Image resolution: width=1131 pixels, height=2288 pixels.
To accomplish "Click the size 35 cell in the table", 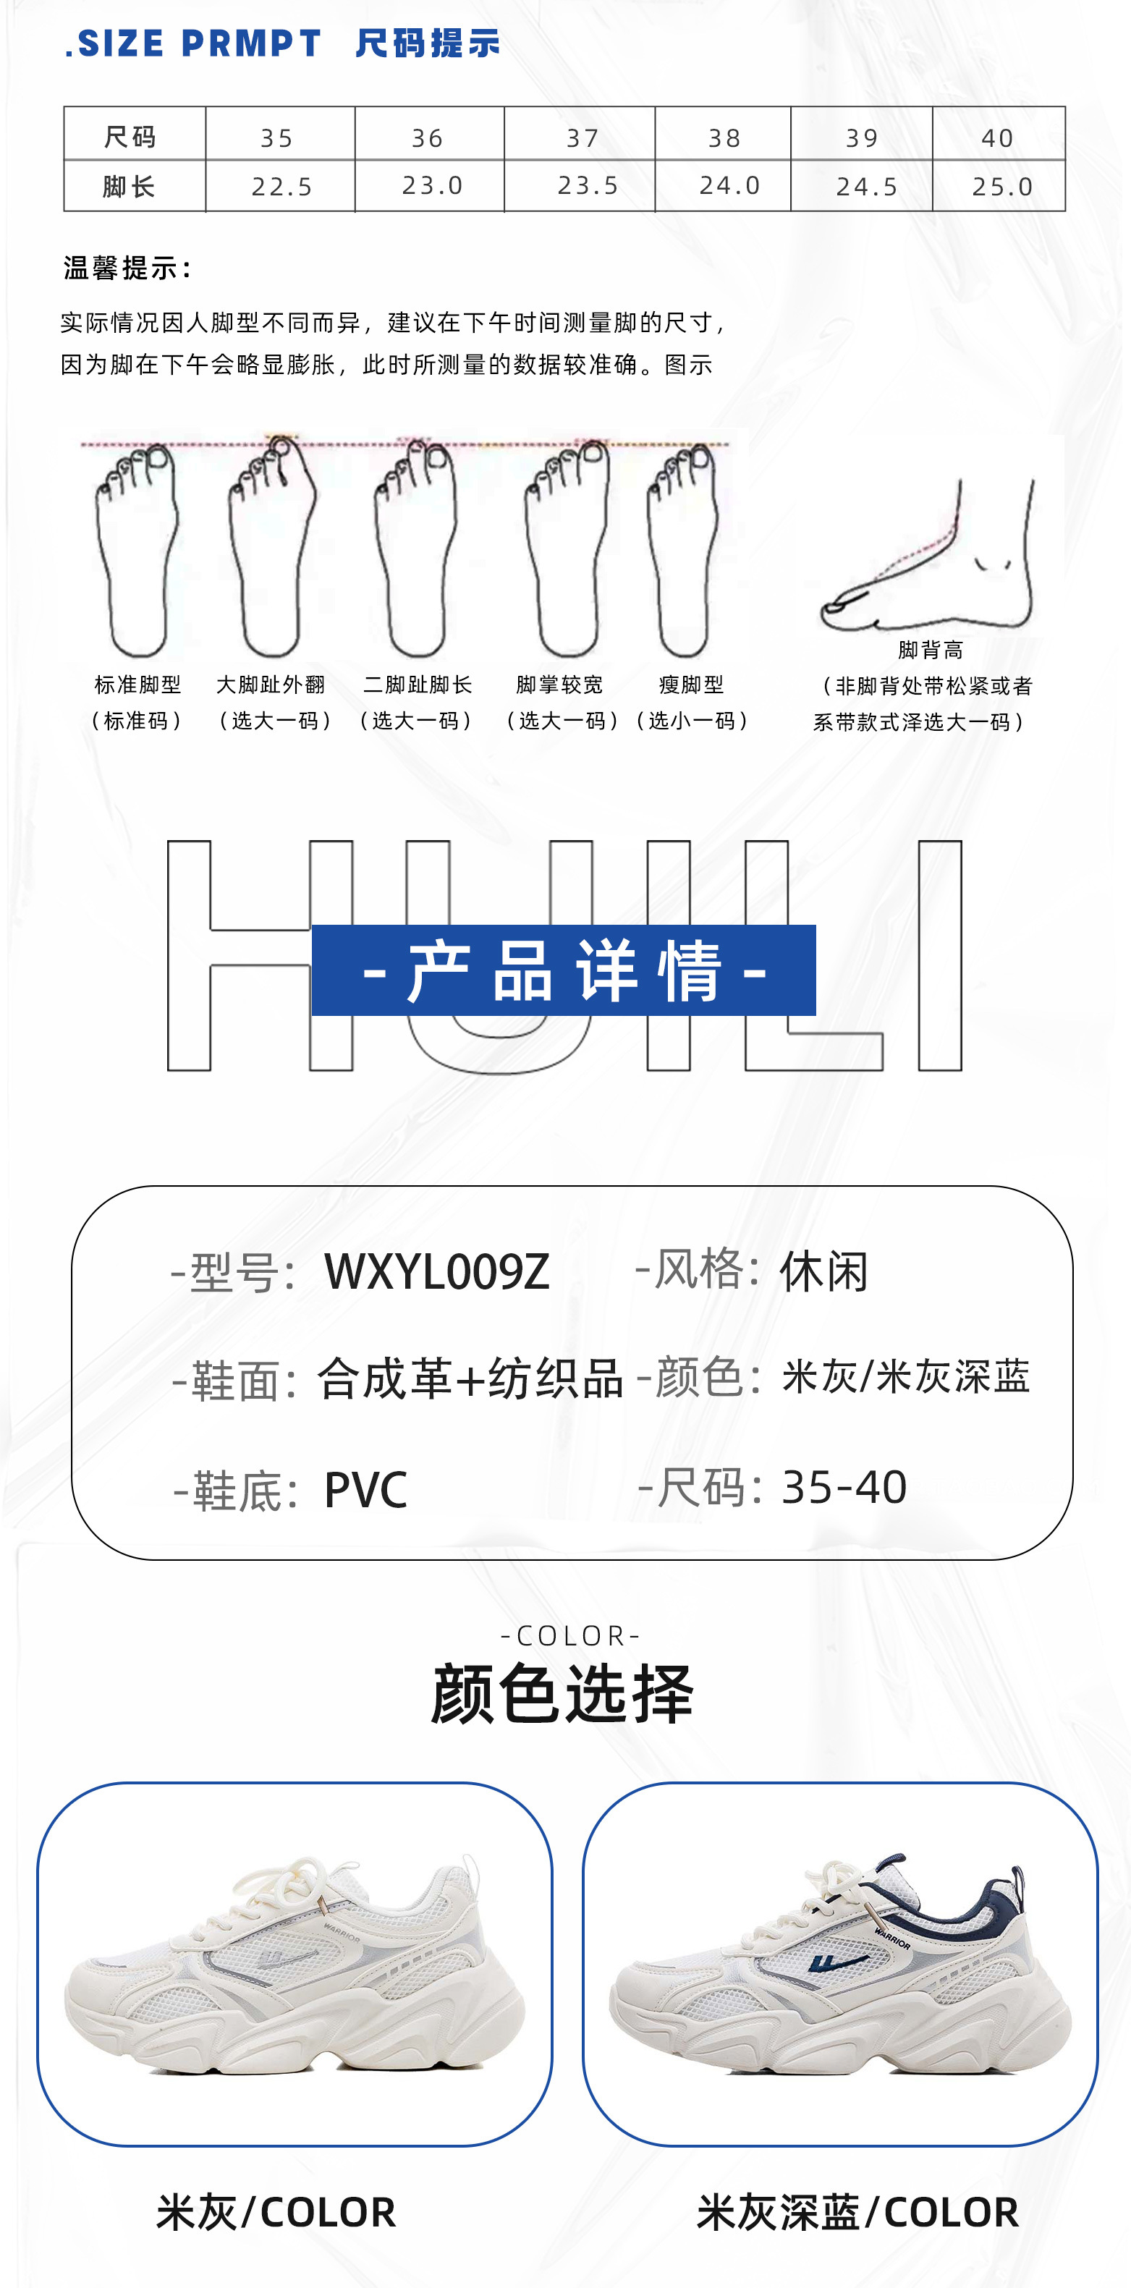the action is [277, 137].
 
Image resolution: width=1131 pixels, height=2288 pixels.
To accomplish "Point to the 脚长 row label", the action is [130, 187].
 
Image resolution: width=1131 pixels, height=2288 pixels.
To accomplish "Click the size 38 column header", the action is [724, 137].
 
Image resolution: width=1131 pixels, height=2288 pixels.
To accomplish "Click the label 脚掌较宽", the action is [560, 685].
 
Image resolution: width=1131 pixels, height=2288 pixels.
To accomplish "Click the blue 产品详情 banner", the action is [563, 970].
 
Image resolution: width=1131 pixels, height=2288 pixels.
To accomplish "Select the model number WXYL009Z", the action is [437, 1272].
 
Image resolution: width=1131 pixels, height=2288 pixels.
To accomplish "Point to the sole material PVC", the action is [366, 1489].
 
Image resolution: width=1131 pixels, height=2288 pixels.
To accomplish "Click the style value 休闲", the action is [823, 1272].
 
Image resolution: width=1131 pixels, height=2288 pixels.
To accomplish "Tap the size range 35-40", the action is [844, 1487].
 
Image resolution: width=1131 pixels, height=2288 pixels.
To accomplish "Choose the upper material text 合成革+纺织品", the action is [470, 1379].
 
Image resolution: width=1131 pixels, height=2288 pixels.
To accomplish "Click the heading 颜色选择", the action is [562, 1694].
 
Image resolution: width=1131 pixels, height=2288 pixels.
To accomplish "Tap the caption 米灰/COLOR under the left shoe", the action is [276, 2211].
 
